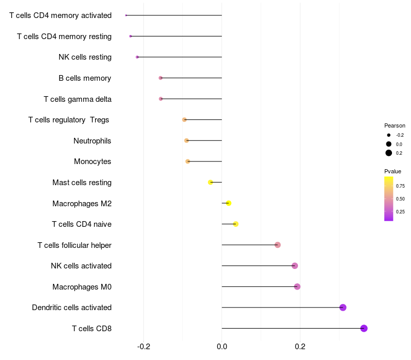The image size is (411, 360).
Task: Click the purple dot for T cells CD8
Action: coord(364,328)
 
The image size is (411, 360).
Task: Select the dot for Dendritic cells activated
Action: coord(343,308)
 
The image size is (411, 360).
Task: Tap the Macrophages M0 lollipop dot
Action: coord(297,286)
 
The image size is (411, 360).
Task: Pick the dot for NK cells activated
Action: coord(294,266)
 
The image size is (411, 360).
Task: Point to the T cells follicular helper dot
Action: coord(277,245)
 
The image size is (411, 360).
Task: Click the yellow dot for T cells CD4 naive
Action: coord(235,224)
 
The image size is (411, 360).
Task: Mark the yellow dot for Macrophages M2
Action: coord(229,203)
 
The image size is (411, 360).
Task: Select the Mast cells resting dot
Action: coord(210,182)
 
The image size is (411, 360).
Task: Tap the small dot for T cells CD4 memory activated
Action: coord(126,15)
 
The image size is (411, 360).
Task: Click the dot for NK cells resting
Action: coord(137,57)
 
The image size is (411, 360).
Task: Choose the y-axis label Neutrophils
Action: coord(92,140)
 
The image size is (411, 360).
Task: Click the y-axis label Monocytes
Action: coord(92,161)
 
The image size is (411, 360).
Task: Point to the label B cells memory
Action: coord(85,78)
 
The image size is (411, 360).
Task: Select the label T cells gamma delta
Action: coord(78,99)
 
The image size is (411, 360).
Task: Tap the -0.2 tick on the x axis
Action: coord(143,347)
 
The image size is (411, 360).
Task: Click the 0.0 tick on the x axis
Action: coord(222,347)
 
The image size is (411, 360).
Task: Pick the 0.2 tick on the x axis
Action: coord(300,347)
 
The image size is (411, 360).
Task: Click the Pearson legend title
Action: coord(395,125)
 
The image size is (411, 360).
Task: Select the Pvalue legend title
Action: coord(393,171)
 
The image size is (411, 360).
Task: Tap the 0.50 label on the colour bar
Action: coord(400,199)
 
